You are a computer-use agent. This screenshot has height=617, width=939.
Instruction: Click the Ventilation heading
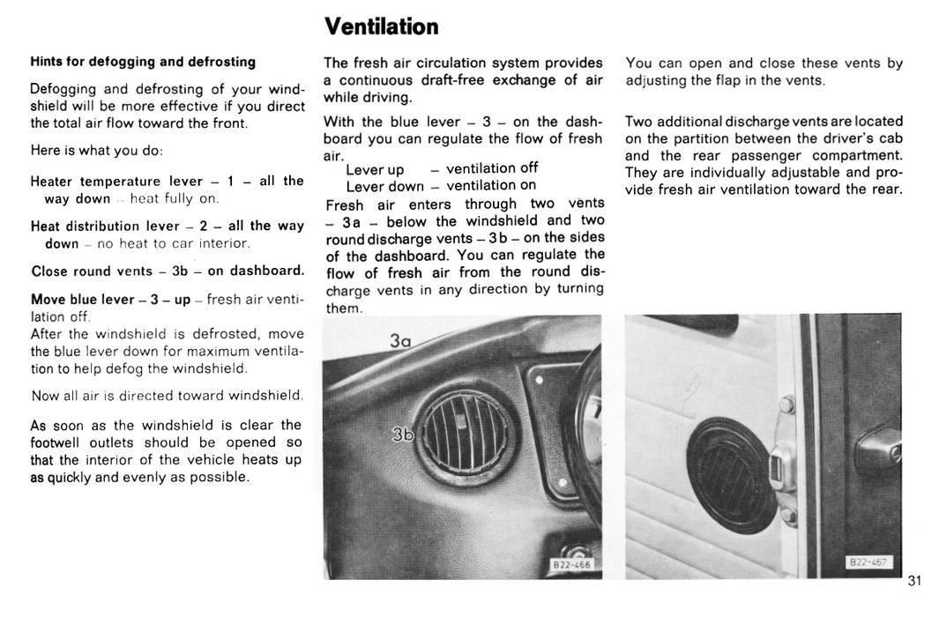coord(381,26)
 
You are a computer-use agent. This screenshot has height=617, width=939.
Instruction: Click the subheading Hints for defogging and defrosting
coord(143,62)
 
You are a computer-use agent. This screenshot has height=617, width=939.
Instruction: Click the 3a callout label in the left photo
coord(400,340)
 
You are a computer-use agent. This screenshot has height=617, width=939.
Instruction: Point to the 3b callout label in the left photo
coord(402,434)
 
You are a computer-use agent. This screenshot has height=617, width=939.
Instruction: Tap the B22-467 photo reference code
coord(868,561)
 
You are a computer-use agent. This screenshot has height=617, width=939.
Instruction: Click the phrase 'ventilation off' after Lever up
coord(492,168)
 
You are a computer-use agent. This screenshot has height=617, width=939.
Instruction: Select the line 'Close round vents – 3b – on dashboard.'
coord(168,271)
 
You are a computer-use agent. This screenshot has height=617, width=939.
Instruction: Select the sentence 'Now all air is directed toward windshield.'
coord(168,396)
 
